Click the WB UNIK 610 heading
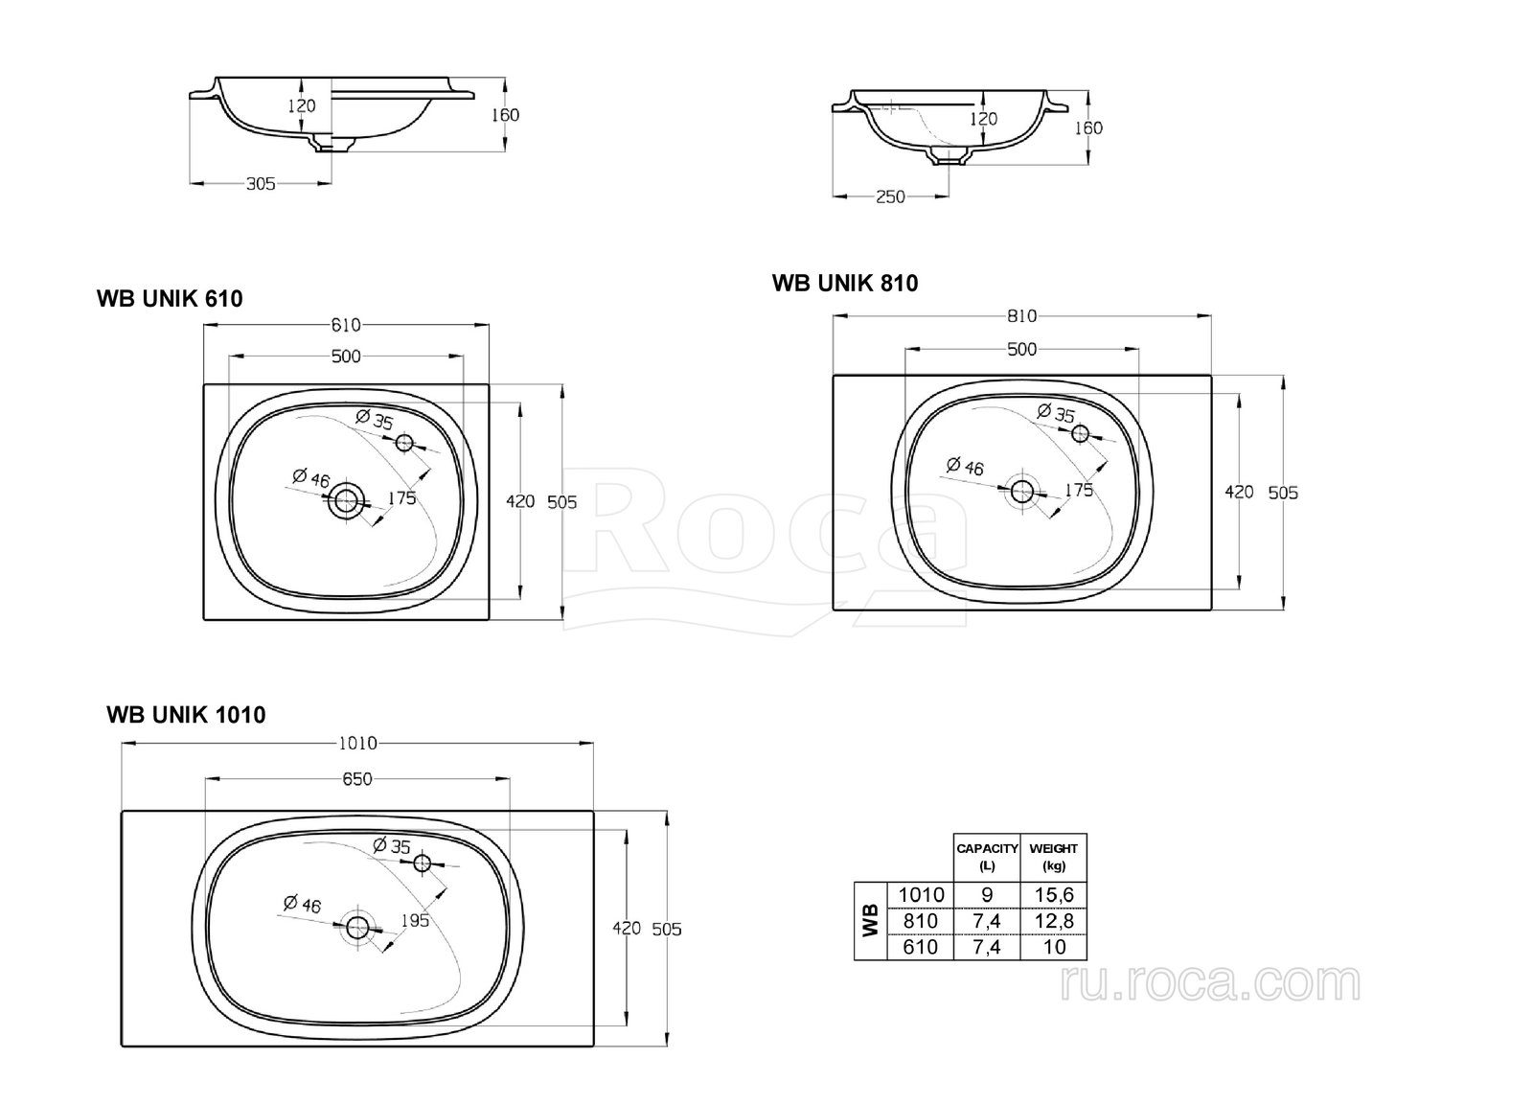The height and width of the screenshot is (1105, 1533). pos(170,298)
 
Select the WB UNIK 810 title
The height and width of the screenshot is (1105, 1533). pos(845,283)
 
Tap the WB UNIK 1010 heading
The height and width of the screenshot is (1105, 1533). pos(186,715)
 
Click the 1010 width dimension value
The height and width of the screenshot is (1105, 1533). pos(358,743)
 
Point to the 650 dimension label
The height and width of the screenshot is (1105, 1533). pos(357,778)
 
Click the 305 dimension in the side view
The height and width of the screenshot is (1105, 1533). pos(261,183)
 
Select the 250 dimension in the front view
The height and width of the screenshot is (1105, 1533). pos(890,197)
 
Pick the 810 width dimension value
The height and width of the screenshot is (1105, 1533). pos(1021,315)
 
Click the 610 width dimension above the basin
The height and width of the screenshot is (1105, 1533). pos(346,325)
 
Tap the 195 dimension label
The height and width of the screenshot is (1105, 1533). pos(415,921)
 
